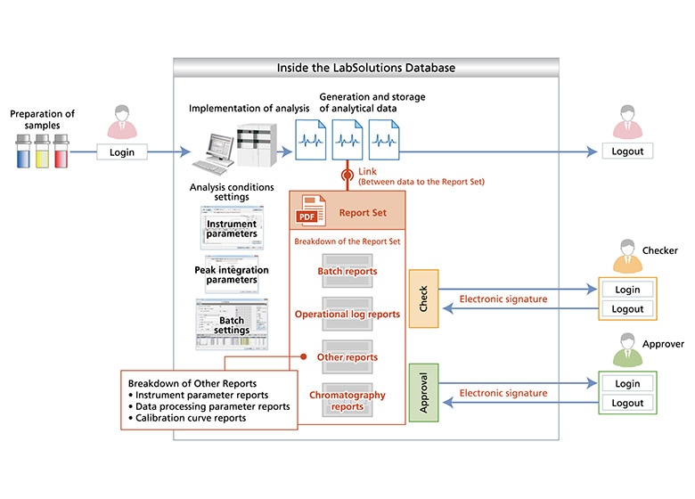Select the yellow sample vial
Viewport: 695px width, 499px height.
click(42, 152)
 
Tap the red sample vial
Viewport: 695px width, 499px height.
click(61, 152)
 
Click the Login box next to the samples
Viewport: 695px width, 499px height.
click(122, 151)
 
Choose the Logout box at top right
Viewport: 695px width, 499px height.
click(627, 151)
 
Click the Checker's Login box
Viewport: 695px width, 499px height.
click(627, 290)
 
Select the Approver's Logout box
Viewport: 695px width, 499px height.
click(627, 404)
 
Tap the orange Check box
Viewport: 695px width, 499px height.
click(423, 298)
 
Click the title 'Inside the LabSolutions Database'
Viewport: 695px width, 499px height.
click(365, 67)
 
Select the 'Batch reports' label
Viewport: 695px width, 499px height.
click(347, 271)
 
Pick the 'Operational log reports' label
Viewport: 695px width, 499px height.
click(347, 315)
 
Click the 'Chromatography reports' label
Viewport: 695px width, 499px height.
click(347, 400)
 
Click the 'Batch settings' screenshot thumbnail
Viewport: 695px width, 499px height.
click(232, 324)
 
